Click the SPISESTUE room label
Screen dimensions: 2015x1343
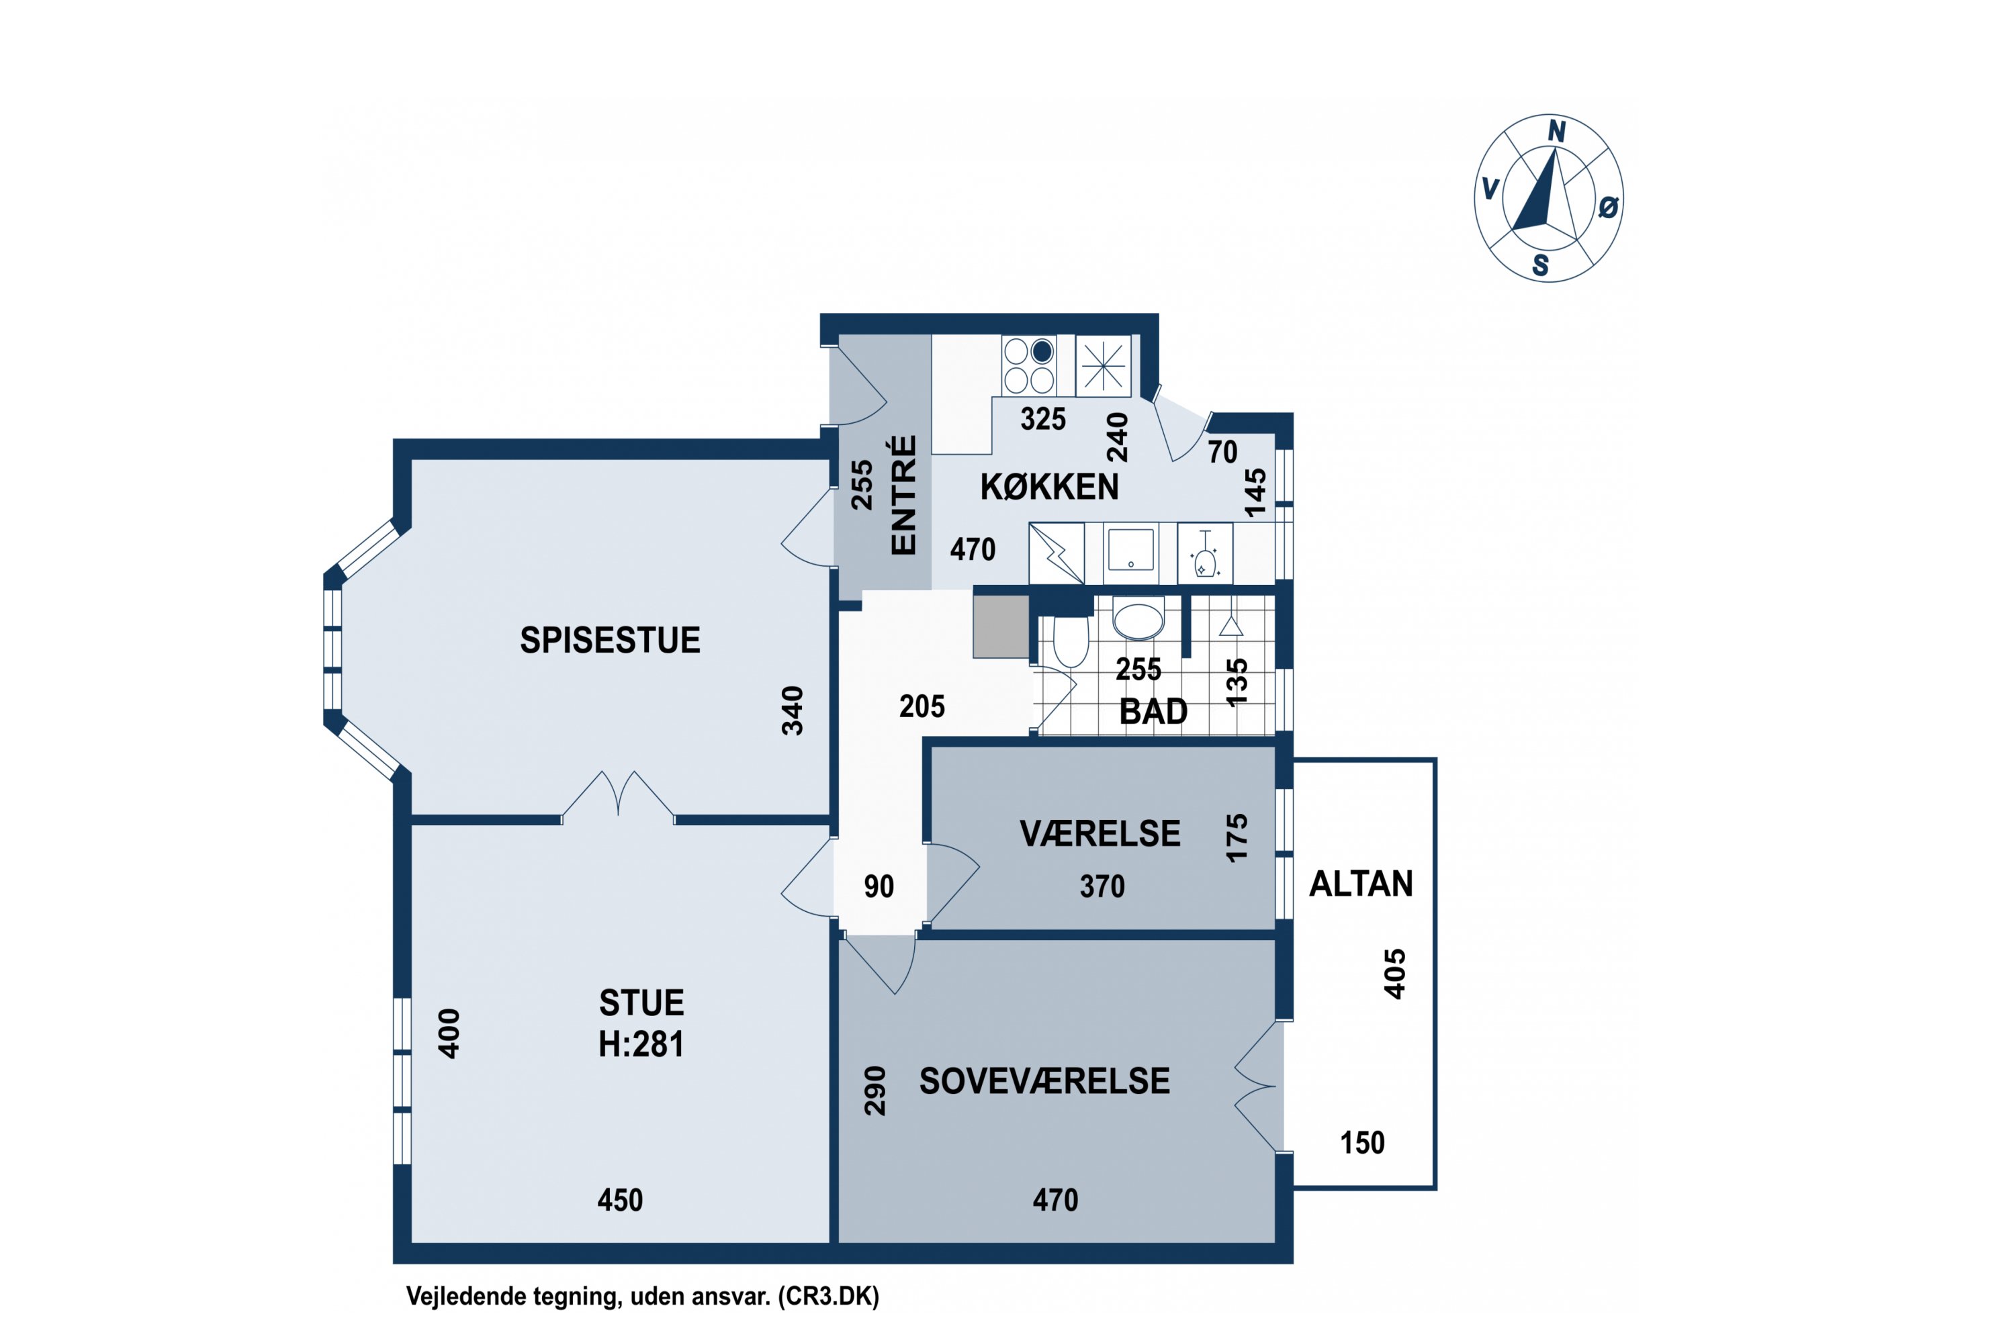610,640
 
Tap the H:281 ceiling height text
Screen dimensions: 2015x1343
641,1044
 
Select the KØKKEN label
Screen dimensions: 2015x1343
1049,486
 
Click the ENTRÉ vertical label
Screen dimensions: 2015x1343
904,495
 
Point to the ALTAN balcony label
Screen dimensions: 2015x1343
1361,883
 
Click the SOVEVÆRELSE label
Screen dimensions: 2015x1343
1044,1081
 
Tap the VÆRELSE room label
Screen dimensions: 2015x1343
1100,833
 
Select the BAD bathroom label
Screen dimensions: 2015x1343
1153,712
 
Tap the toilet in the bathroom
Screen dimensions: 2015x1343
1071,641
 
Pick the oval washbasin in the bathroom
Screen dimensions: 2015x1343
1138,620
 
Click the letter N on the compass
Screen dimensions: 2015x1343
1557,131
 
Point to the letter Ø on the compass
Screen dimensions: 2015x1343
1608,206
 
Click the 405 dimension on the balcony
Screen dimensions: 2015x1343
1396,974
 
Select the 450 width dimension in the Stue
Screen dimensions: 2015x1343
620,1200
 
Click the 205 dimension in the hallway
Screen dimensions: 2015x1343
922,706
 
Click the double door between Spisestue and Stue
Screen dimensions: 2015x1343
618,796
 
